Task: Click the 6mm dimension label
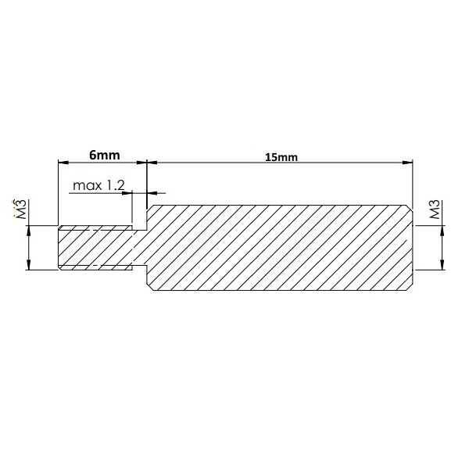click(98, 156)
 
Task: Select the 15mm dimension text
click(281, 157)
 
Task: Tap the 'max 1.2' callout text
click(98, 186)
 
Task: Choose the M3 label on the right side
click(435, 210)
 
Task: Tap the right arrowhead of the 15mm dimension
click(407, 163)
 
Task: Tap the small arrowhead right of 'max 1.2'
click(152, 192)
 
